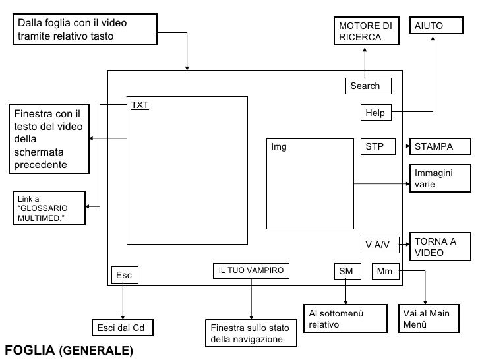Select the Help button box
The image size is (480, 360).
pos(376,113)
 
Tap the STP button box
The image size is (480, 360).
pos(377,146)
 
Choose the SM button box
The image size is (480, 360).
pos(347,271)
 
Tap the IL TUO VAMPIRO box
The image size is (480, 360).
pos(251,271)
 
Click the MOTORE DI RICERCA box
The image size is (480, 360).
pos(367,31)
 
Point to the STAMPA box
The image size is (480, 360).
pos(441,146)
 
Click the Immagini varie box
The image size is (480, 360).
pos(441,179)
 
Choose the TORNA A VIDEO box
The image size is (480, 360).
pos(441,247)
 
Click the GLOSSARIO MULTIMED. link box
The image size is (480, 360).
pos(49,208)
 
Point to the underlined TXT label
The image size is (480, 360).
pos(140,105)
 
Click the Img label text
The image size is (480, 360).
pos(280,147)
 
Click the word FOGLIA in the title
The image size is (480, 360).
pos(30,349)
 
